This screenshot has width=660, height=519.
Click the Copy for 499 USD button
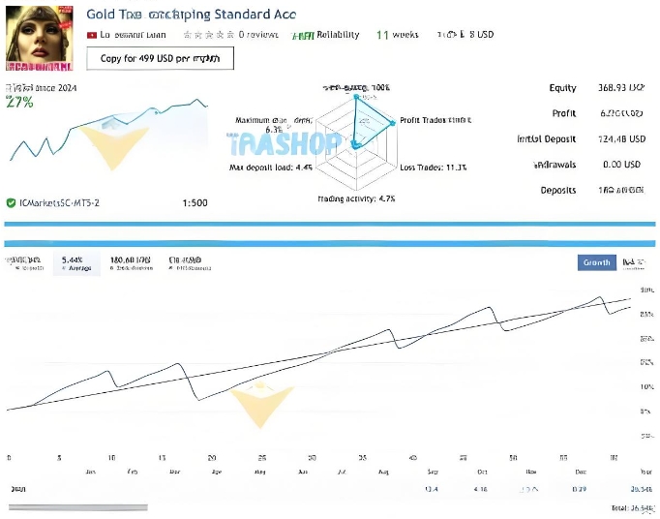(160, 58)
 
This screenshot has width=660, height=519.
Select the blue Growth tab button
(596, 262)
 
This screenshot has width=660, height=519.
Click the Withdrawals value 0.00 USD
(619, 165)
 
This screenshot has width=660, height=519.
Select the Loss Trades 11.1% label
(434, 168)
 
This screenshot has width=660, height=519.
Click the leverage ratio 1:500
(195, 203)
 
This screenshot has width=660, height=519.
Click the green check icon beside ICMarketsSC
(11, 203)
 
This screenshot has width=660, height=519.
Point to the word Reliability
(338, 35)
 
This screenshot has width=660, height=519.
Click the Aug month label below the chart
(382, 472)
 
